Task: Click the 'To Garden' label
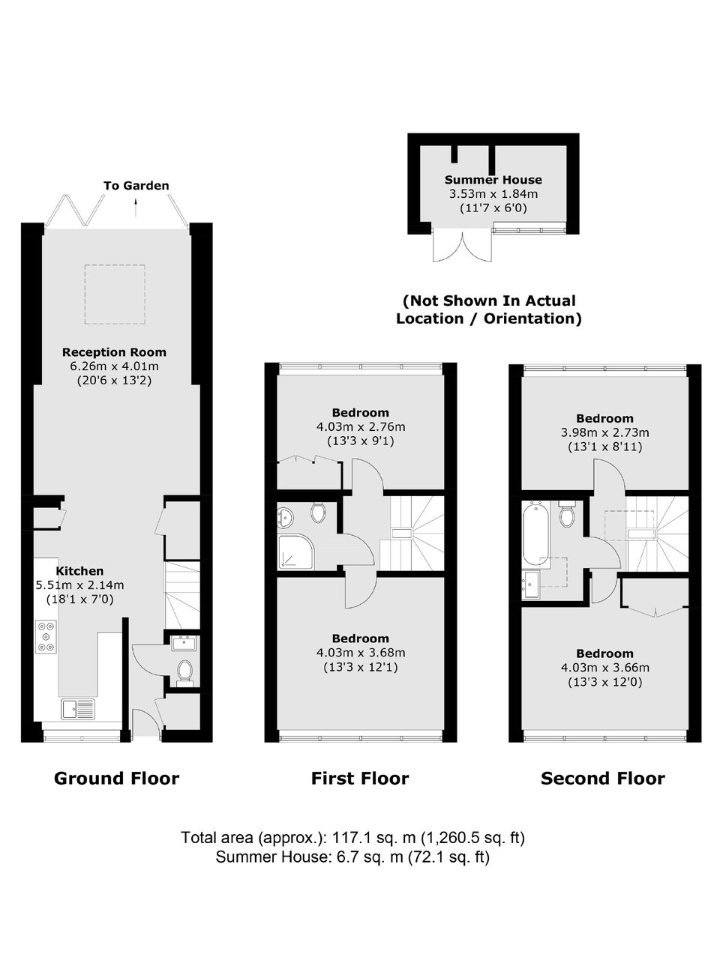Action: pyautogui.click(x=136, y=186)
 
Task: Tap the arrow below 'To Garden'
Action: pyautogui.click(x=136, y=207)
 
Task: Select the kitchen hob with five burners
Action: pyautogui.click(x=46, y=637)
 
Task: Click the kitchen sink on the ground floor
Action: pyautogui.click(x=78, y=709)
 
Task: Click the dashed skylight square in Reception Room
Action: pyautogui.click(x=115, y=295)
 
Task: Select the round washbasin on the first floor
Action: pyautogui.click(x=284, y=517)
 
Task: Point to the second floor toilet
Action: pyautogui.click(x=567, y=514)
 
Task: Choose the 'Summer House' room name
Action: pyautogui.click(x=493, y=180)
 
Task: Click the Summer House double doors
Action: pyautogui.click(x=462, y=245)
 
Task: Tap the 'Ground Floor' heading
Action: pyautogui.click(x=116, y=778)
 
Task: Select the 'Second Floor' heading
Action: pyautogui.click(x=602, y=778)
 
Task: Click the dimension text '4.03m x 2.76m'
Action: pyautogui.click(x=361, y=426)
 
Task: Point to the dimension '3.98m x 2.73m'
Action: pyautogui.click(x=604, y=432)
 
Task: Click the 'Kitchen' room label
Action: pyautogui.click(x=79, y=570)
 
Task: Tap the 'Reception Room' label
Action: pyautogui.click(x=114, y=351)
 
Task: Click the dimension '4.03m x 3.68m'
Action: pyautogui.click(x=361, y=653)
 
